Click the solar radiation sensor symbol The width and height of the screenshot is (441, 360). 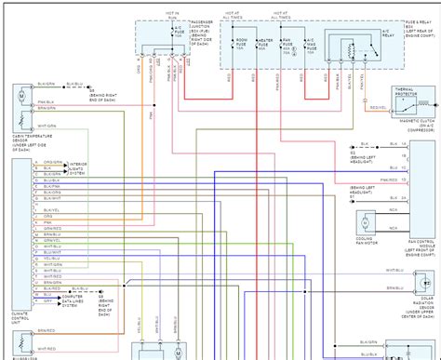click(420, 278)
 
